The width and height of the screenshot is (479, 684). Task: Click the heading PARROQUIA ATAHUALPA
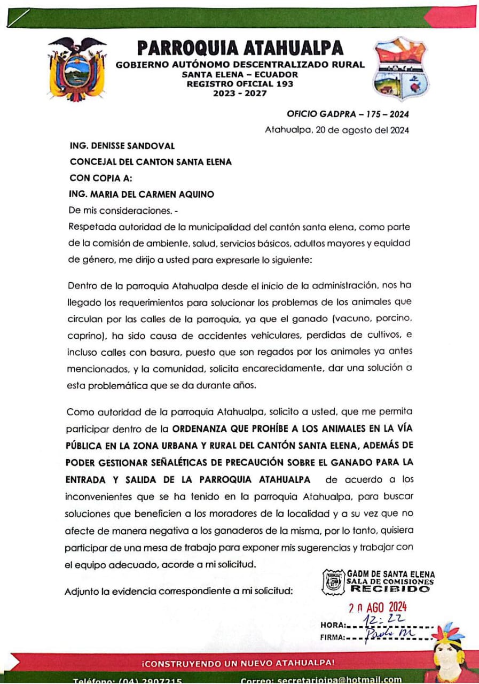240,49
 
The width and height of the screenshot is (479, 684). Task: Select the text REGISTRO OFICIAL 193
240,84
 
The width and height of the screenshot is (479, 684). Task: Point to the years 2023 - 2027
240,94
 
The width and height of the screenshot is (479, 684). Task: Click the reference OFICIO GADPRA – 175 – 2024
348,114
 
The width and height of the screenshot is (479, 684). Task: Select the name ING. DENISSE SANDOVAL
122,146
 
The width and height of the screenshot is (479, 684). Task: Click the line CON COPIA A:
101,178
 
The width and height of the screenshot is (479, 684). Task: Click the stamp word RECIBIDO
390,589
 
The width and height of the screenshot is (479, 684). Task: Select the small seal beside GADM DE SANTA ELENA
334,581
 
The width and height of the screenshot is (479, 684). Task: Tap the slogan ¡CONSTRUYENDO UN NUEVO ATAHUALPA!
238,663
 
